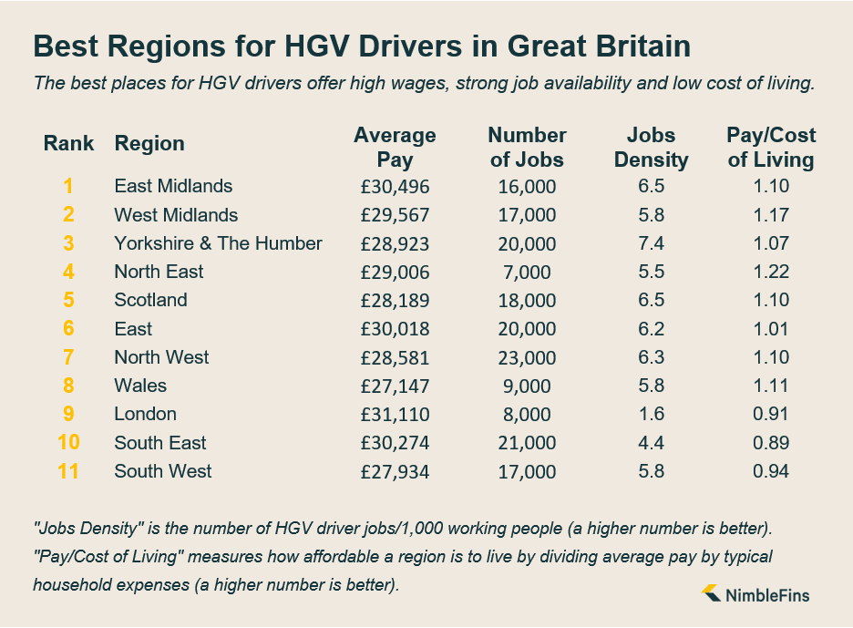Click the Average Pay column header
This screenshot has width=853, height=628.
[395, 148]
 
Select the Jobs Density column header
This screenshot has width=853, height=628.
[651, 148]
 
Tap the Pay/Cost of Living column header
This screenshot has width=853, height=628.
[770, 148]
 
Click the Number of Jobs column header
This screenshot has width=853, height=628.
[527, 148]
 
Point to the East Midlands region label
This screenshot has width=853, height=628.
[173, 186]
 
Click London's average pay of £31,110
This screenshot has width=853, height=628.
[395, 414]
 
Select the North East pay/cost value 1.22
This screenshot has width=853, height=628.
[770, 272]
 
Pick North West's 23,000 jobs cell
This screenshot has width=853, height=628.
[527, 357]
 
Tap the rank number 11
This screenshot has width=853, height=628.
[68, 471]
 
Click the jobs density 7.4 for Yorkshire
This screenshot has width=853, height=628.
[651, 243]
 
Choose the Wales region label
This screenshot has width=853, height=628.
[140, 386]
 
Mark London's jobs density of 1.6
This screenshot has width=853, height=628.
[651, 414]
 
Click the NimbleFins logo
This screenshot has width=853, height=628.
[755, 595]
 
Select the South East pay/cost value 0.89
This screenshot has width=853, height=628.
[770, 443]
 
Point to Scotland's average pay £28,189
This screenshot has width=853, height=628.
[395, 300]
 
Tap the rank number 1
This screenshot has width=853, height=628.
[68, 186]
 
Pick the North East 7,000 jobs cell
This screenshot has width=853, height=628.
[527, 272]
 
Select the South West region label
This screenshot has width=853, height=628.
[162, 471]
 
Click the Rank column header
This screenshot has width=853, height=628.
[68, 143]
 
